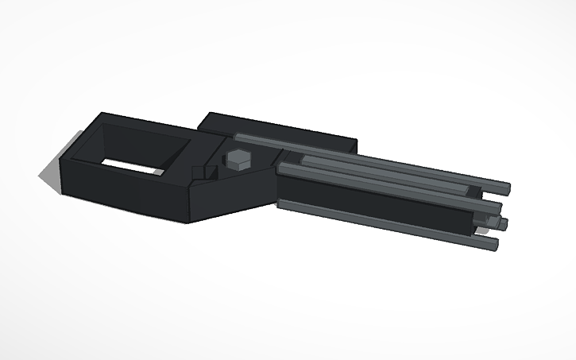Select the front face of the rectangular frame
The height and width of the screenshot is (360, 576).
(x=127, y=195)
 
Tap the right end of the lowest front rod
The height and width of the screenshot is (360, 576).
(x=490, y=243)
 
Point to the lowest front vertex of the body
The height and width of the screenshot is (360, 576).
(x=189, y=221)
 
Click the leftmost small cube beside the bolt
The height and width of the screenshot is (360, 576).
(x=198, y=172)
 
